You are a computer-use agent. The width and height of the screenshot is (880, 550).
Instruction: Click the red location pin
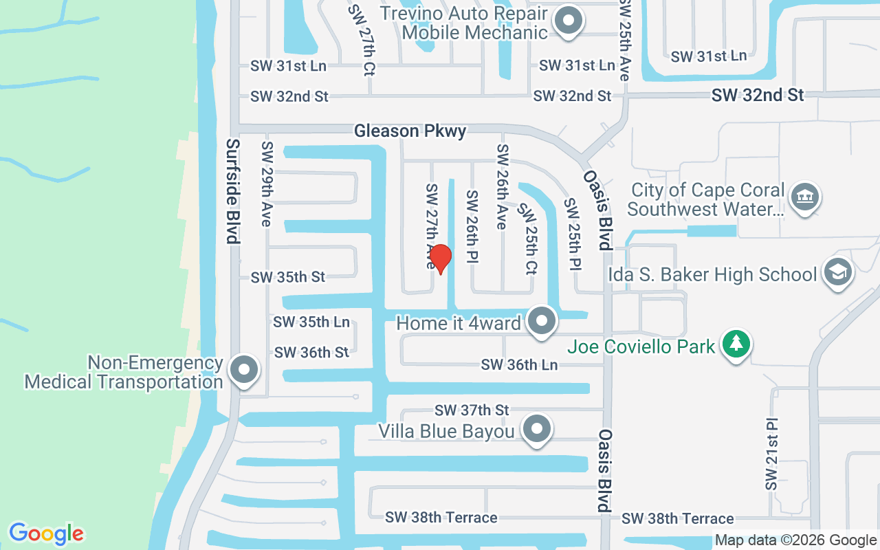point(440,258)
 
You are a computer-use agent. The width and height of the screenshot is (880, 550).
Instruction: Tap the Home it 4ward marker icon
point(542,321)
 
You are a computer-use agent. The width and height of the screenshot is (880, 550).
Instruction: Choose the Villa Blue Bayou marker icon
point(537,430)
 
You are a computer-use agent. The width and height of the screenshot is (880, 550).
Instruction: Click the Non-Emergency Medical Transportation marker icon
point(243,371)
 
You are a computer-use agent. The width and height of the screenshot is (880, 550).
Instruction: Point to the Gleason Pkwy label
point(410,131)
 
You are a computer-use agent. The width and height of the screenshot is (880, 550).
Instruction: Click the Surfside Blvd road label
point(233,191)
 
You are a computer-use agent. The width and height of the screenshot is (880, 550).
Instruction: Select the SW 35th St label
point(288,277)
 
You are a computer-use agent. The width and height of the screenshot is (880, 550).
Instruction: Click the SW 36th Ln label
point(519,365)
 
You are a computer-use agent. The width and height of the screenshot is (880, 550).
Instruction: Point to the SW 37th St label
point(472,410)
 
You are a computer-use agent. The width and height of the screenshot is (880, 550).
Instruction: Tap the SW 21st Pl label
point(772,454)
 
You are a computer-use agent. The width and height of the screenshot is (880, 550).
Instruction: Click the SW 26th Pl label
point(472,225)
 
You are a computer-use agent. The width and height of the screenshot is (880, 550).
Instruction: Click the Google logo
point(46,533)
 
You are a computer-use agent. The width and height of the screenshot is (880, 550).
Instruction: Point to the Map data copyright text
point(795,540)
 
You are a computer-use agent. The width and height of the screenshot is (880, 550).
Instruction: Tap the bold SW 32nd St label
point(758,96)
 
